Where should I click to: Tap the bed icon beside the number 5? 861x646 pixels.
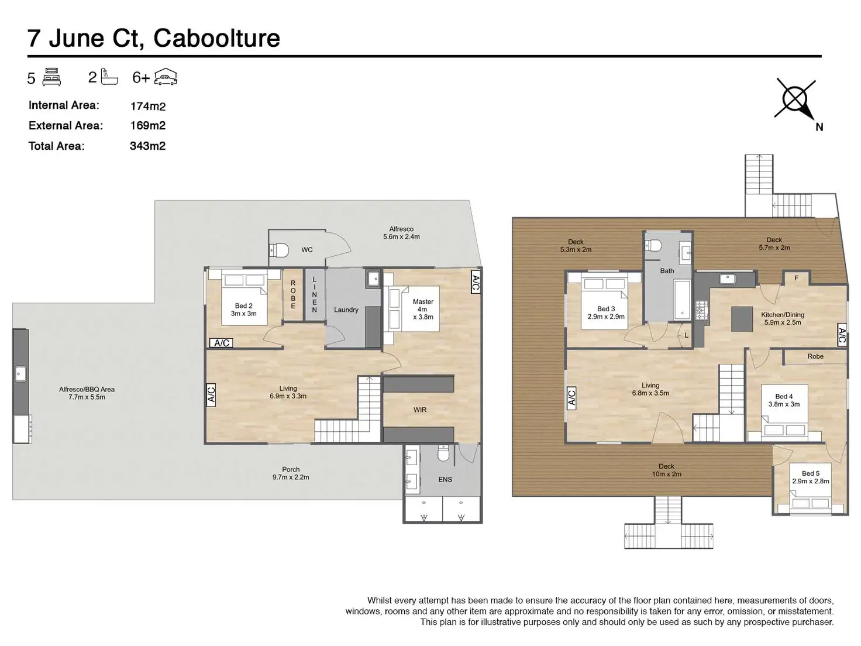click(x=51, y=77)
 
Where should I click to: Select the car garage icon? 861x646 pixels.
click(x=166, y=77)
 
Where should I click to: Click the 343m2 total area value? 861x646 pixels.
click(x=147, y=146)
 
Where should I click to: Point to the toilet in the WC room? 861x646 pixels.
click(x=279, y=250)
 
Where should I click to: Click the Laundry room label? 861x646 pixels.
click(x=346, y=310)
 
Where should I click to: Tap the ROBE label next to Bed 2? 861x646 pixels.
click(x=293, y=294)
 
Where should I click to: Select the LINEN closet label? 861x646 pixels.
click(x=314, y=294)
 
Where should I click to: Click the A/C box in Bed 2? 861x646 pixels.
click(x=221, y=343)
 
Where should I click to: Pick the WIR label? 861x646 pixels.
click(x=420, y=410)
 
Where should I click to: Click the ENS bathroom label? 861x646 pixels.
click(x=445, y=479)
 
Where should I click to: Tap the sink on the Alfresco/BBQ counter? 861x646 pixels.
click(x=20, y=374)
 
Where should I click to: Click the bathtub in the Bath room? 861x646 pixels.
click(x=682, y=299)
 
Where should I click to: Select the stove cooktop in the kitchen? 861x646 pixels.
click(x=701, y=311)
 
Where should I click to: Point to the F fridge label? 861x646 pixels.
click(x=796, y=278)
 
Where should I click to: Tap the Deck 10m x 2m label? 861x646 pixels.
click(x=666, y=470)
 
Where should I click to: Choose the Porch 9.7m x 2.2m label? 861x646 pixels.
click(x=291, y=473)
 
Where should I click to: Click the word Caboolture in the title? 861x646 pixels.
click(x=216, y=38)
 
